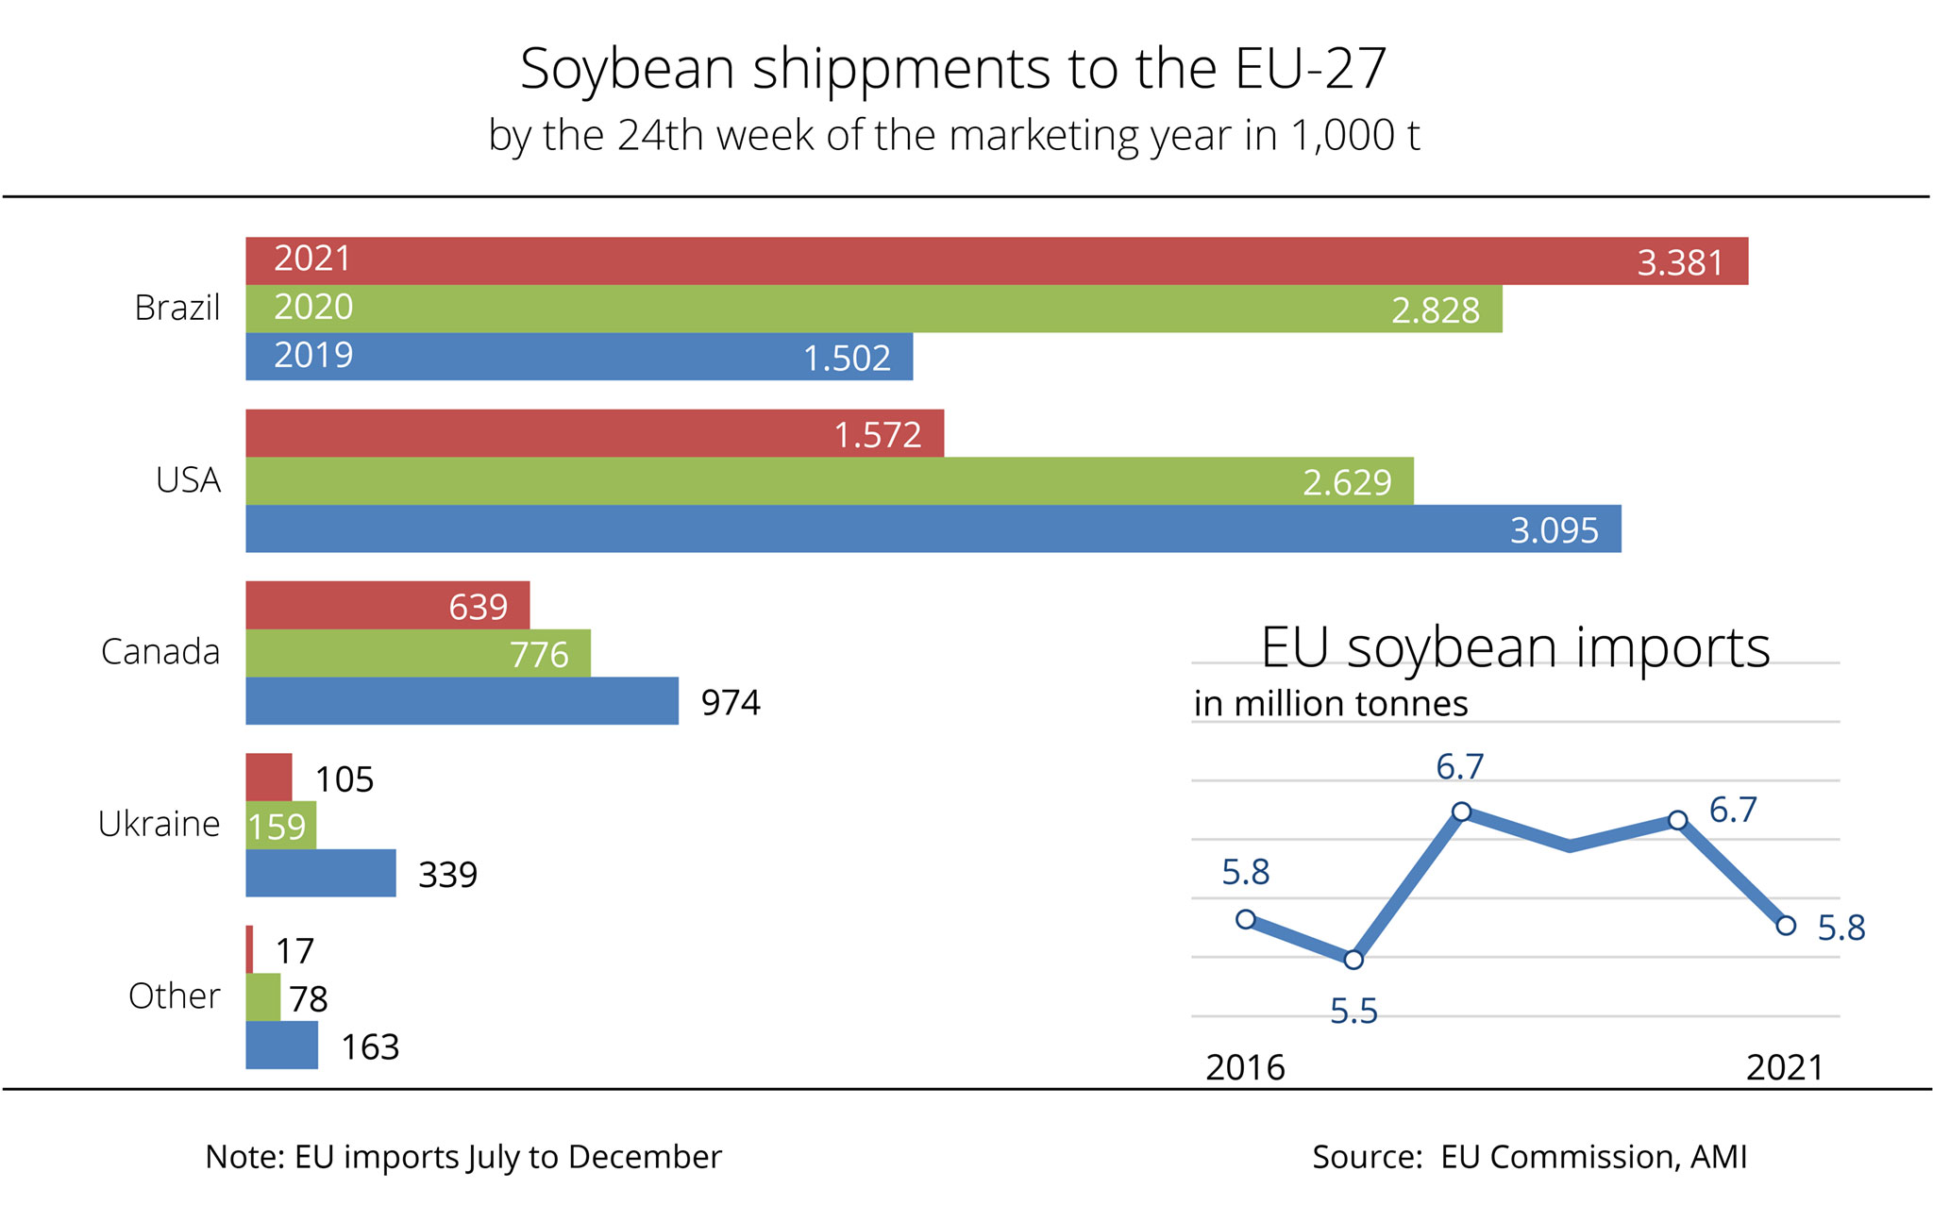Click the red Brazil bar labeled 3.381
[996, 260]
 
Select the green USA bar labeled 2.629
[829, 481]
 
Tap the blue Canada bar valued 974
[462, 701]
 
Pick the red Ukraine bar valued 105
[269, 778]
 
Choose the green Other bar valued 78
[263, 997]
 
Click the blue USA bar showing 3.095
[933, 528]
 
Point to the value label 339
[447, 875]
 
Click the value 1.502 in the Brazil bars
[847, 359]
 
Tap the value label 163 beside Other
[370, 1047]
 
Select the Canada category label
[160, 652]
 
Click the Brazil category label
[177, 308]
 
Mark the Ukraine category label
[159, 824]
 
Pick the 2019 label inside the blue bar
[313, 355]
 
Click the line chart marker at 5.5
[1353, 960]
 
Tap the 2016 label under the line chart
[1245, 1067]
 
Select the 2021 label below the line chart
[1784, 1067]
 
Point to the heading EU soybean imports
[1515, 647]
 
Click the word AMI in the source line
[1718, 1157]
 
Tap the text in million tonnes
[1331, 704]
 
